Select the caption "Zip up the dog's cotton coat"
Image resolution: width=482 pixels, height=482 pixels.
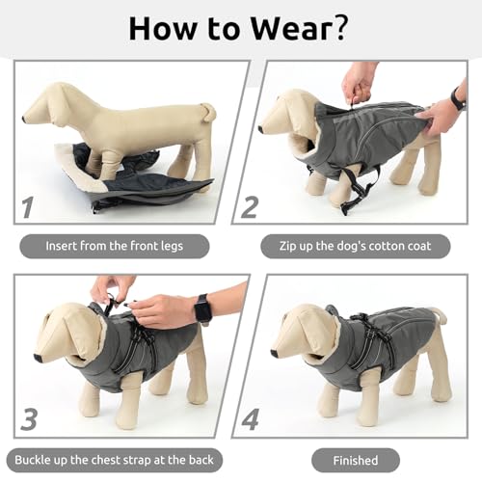coord(353,246)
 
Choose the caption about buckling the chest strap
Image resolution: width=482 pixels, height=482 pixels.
coord(115,459)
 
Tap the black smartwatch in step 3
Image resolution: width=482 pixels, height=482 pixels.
coord(202,309)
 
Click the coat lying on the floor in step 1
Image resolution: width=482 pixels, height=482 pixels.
coord(135,178)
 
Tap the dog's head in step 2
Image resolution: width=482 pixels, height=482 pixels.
coord(284,116)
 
